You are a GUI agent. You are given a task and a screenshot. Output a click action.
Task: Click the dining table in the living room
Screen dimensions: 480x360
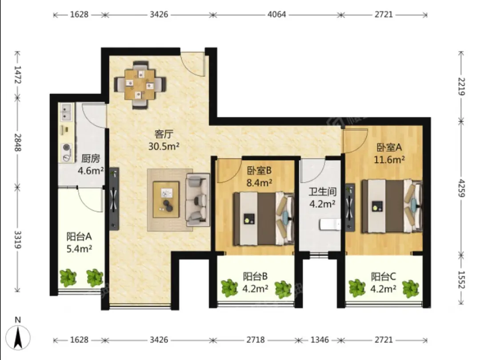pyautogui.click(x=140, y=84)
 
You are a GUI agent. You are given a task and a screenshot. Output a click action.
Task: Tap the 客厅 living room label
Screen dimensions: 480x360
pyautogui.click(x=164, y=134)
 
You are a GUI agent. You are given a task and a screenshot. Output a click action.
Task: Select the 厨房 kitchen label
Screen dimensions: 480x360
pyautogui.click(x=91, y=159)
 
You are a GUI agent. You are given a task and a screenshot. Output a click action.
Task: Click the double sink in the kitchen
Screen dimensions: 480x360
pyautogui.click(x=66, y=112)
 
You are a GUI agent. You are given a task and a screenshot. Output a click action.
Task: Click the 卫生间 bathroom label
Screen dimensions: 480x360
pyautogui.click(x=322, y=192)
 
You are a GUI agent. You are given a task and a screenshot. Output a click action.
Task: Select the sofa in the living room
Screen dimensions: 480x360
pyautogui.click(x=198, y=200)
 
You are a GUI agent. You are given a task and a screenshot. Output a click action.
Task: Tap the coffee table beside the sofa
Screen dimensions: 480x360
pyautogui.click(x=166, y=200)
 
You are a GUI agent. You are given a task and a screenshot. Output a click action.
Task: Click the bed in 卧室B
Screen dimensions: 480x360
pyautogui.click(x=263, y=219)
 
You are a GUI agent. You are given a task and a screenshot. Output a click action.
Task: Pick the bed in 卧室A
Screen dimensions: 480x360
pyautogui.click(x=392, y=206)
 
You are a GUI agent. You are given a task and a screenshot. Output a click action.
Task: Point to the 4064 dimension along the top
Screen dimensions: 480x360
pyautogui.click(x=276, y=14)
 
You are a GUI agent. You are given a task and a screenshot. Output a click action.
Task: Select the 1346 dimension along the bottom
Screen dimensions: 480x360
pyautogui.click(x=320, y=340)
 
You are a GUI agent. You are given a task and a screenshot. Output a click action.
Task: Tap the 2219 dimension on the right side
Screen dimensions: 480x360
pyautogui.click(x=461, y=87)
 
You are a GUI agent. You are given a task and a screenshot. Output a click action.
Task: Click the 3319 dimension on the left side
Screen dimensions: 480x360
pyautogui.click(x=18, y=240)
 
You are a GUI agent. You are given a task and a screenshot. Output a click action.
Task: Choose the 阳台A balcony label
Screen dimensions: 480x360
pyautogui.click(x=79, y=236)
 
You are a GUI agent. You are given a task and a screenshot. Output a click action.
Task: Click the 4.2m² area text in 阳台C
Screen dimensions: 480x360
pyautogui.click(x=383, y=289)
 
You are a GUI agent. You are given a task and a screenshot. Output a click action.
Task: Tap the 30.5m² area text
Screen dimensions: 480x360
pyautogui.click(x=164, y=146)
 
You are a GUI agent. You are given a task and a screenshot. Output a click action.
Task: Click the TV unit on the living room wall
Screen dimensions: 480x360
pyautogui.click(x=114, y=198)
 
